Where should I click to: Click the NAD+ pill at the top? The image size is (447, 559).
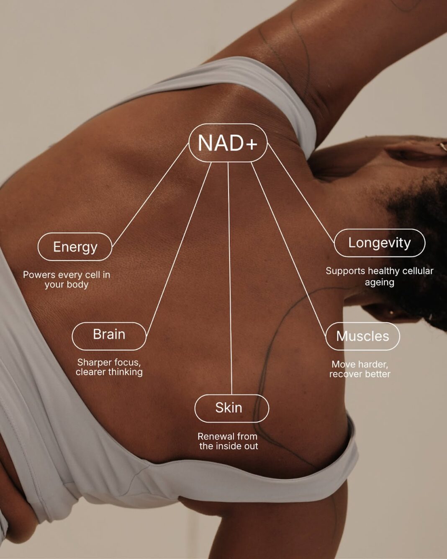(x=228, y=143)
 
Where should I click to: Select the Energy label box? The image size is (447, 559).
(x=75, y=247)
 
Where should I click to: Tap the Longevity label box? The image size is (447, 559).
(x=380, y=243)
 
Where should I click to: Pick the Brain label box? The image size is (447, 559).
(x=109, y=336)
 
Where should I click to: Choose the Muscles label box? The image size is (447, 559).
(x=362, y=336)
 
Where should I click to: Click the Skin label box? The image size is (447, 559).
(x=232, y=408)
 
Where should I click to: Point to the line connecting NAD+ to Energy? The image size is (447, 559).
(x=150, y=194)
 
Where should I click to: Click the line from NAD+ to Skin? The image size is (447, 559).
(x=230, y=278)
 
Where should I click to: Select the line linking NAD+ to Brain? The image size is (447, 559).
(x=179, y=250)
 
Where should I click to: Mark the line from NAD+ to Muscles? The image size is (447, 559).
(x=288, y=250)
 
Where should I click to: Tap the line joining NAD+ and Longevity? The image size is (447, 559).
(x=301, y=193)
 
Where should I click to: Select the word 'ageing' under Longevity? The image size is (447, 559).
(x=380, y=283)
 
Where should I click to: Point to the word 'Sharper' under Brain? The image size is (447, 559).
(x=94, y=362)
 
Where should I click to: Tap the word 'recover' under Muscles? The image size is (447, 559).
(x=344, y=374)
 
